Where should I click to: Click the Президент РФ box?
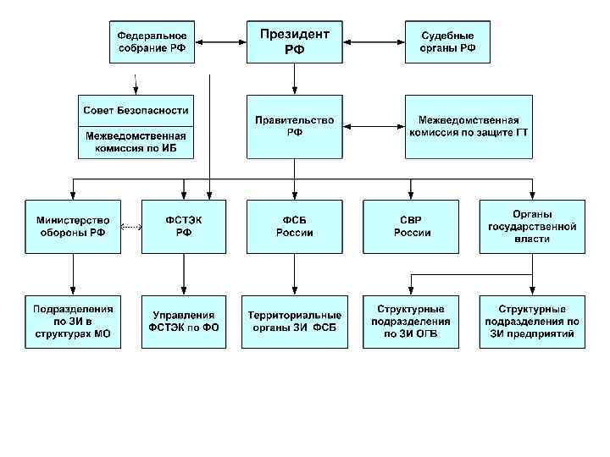294,41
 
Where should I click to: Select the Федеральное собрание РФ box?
152,41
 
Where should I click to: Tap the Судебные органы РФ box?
446,41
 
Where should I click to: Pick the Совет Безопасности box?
136,110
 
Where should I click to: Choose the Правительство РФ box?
294,126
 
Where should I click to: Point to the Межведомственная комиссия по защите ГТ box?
469,126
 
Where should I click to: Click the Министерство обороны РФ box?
72,226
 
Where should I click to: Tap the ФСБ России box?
294,226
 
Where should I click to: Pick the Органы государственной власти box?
531,226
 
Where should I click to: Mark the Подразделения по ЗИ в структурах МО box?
72,321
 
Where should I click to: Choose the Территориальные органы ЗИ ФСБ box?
294,321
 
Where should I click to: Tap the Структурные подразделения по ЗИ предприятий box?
531,321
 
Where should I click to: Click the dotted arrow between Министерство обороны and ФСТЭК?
130,227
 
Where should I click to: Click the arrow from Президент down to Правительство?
294,79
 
